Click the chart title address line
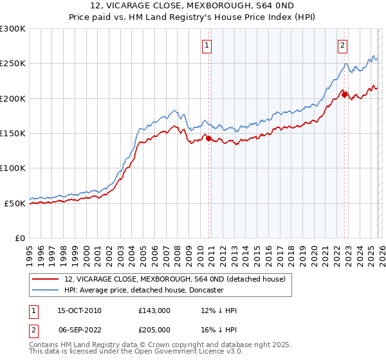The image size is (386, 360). point(193,6)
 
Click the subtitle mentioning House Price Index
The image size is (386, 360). point(193,17)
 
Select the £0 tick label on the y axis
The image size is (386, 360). point(19,238)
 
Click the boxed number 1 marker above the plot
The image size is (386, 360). point(207,45)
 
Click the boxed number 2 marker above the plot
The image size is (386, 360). point(342,45)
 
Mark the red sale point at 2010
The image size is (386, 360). point(208,138)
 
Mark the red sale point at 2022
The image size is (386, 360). point(344,94)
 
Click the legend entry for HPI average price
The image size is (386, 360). point(143,290)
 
